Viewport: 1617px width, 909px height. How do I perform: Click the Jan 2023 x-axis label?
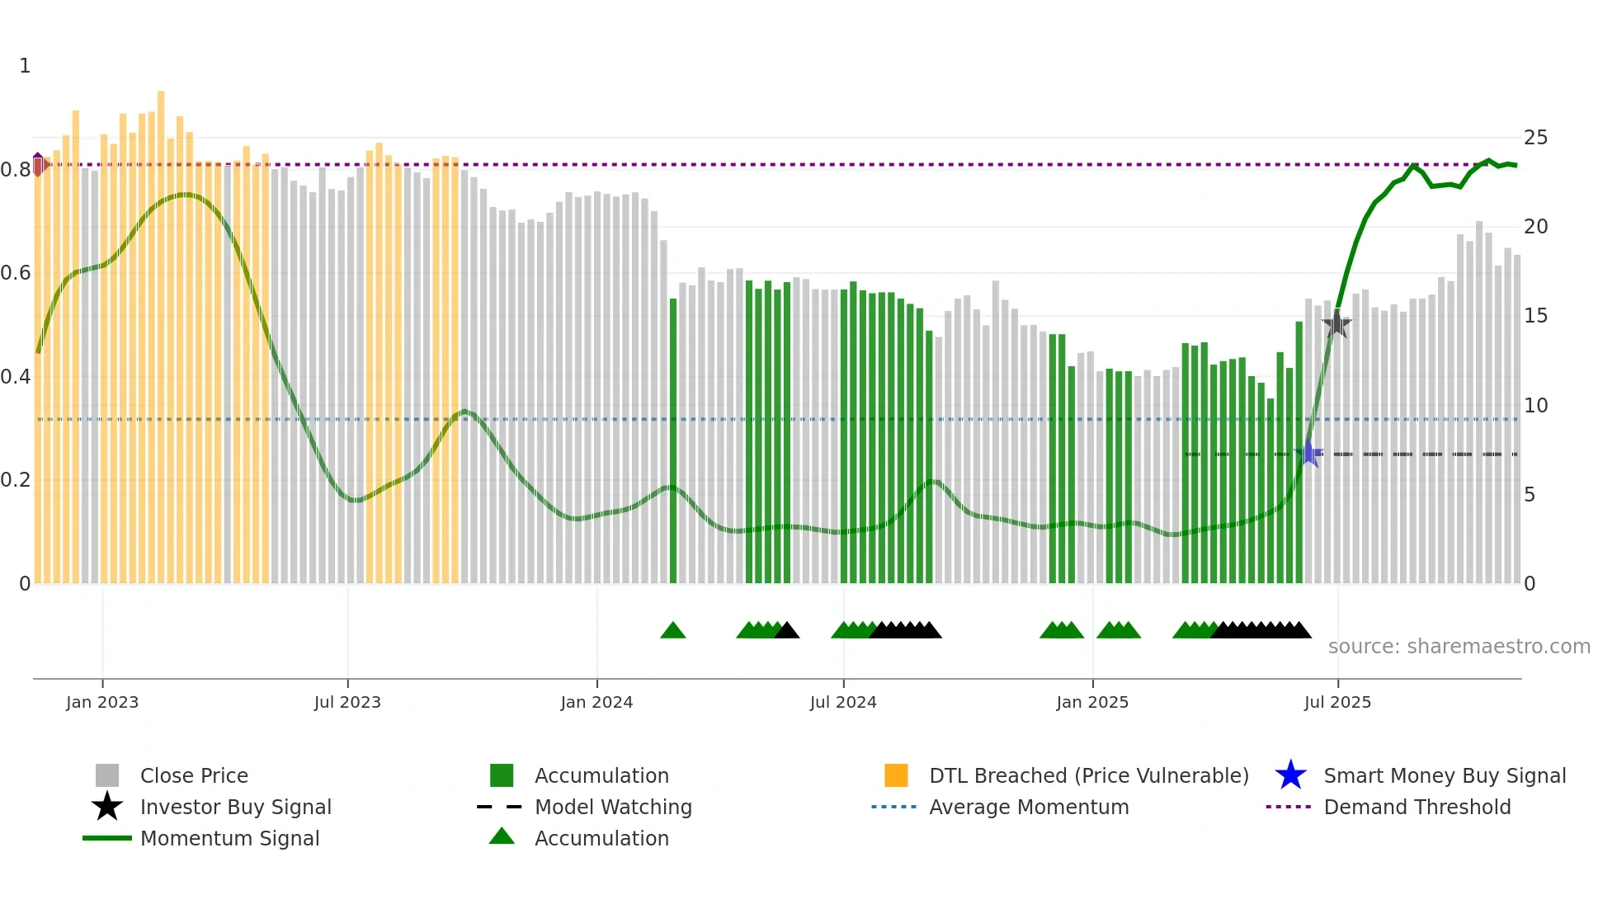coord(102,702)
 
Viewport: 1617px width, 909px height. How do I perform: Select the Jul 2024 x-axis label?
coord(843,702)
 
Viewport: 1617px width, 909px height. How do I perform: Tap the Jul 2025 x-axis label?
coord(1337,702)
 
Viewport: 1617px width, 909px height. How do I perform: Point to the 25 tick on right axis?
coord(1535,138)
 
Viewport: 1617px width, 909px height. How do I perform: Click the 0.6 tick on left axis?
coord(16,273)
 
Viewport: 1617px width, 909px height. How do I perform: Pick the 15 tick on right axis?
coord(1535,316)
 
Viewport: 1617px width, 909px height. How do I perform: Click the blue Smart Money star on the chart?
coord(1308,454)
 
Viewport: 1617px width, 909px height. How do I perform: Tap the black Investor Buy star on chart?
coord(1336,324)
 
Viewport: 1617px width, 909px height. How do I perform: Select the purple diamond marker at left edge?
coord(38,164)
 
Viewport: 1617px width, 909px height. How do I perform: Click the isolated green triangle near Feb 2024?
coord(673,631)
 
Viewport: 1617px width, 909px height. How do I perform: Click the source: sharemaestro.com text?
coord(1459,647)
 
